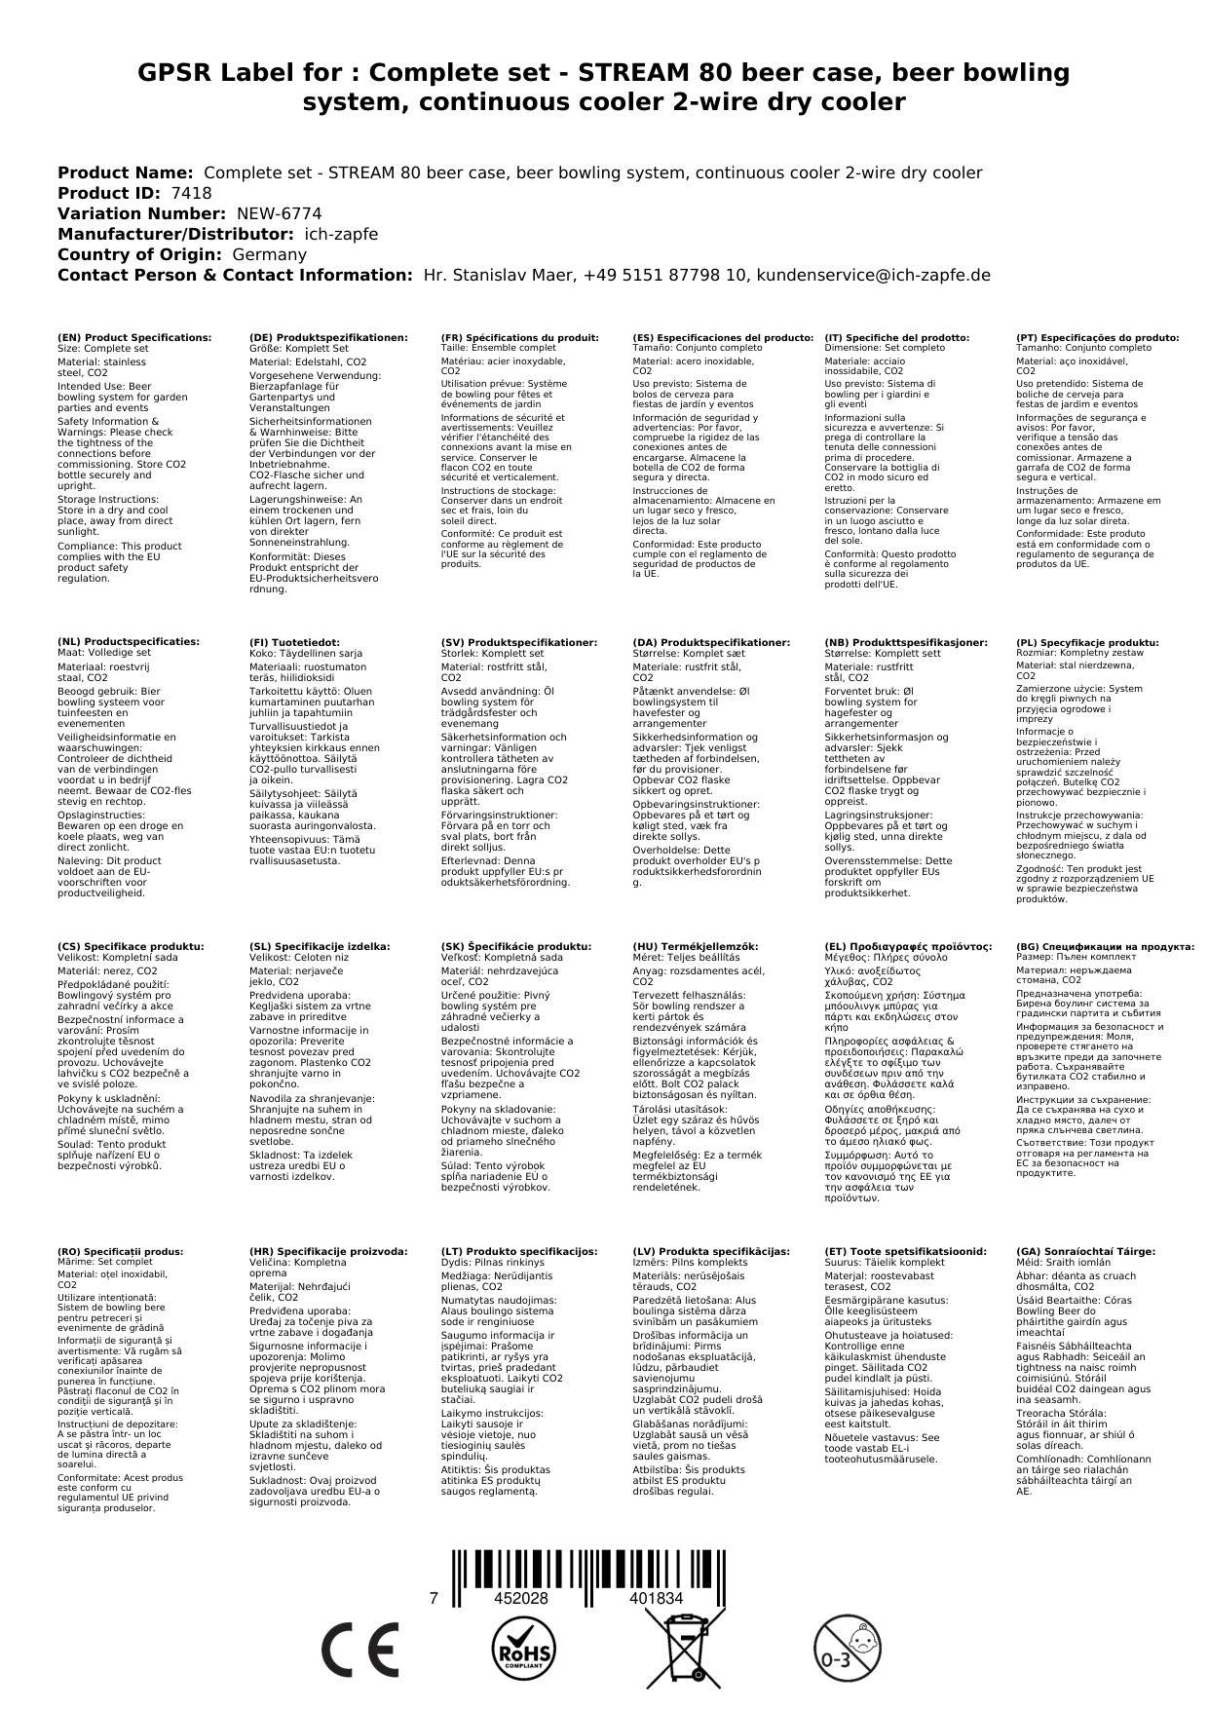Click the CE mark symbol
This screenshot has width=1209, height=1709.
(x=359, y=1651)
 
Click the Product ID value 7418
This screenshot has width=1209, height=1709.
(x=191, y=193)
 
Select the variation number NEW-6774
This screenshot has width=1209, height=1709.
(x=279, y=213)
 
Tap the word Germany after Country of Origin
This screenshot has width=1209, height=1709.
(x=269, y=254)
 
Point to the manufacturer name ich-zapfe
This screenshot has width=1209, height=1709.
(x=340, y=234)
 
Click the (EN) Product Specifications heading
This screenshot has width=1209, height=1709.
(x=134, y=337)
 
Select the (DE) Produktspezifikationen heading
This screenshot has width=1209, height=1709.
(x=328, y=337)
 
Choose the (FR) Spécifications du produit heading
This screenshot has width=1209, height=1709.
(x=519, y=337)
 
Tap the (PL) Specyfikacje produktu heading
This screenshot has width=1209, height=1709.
(x=1087, y=643)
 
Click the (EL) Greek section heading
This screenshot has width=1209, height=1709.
(x=908, y=946)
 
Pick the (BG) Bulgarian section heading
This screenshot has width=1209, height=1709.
(x=1105, y=946)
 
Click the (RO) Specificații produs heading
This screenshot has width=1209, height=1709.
(x=120, y=1251)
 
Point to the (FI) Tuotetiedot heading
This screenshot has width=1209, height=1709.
(x=294, y=643)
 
